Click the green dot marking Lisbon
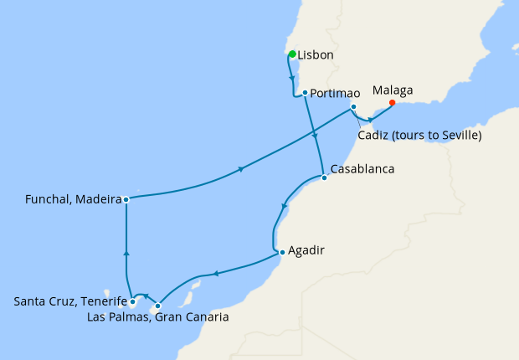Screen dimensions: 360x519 click(x=292, y=54)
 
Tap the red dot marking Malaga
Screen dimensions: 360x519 click(x=392, y=104)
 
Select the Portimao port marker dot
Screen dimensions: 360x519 click(x=305, y=93)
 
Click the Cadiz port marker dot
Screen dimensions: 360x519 click(x=354, y=107)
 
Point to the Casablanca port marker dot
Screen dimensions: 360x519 click(x=324, y=177)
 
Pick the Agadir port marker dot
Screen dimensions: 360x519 click(x=282, y=251)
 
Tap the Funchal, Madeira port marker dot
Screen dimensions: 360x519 click(x=126, y=199)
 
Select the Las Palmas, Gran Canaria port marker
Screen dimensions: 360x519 click(x=157, y=306)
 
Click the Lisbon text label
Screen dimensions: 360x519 click(x=316, y=55)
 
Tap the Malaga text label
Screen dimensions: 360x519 click(x=393, y=90)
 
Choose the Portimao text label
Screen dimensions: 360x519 click(x=335, y=93)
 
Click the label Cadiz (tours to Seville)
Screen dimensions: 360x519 click(x=419, y=135)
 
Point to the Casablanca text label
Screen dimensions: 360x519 click(x=362, y=169)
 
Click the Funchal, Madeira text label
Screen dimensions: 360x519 click(x=75, y=199)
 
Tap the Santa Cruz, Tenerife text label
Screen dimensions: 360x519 click(x=70, y=301)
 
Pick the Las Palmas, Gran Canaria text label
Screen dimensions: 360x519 click(x=158, y=317)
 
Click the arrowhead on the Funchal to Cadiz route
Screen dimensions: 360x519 click(x=242, y=170)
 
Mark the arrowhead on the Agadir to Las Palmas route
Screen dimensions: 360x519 click(x=216, y=272)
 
